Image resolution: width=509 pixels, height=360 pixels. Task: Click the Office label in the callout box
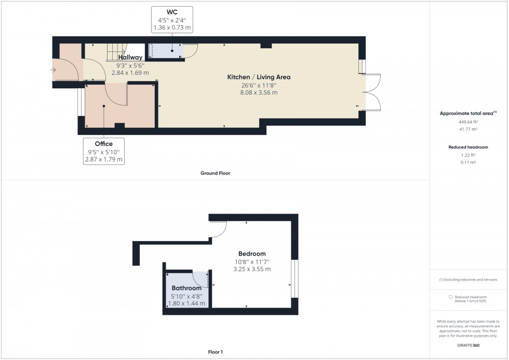click(103, 143)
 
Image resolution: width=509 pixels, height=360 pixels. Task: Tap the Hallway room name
click(130, 58)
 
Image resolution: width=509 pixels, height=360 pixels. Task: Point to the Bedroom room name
click(252, 254)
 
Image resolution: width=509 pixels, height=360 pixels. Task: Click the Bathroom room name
click(186, 288)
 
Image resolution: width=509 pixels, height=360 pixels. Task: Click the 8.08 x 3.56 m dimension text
click(259, 92)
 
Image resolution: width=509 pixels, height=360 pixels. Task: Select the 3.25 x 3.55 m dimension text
click(252, 269)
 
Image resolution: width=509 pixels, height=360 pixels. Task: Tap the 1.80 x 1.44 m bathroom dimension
click(186, 303)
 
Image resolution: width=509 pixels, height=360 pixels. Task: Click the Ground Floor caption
click(215, 173)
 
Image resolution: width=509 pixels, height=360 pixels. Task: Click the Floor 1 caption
click(215, 352)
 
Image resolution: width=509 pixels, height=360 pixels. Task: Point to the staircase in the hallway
click(116, 52)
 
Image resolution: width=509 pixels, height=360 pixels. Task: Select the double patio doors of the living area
click(372, 92)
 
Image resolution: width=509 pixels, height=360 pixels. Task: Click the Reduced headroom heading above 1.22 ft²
click(468, 147)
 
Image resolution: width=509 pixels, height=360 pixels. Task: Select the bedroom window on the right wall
click(294, 278)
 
